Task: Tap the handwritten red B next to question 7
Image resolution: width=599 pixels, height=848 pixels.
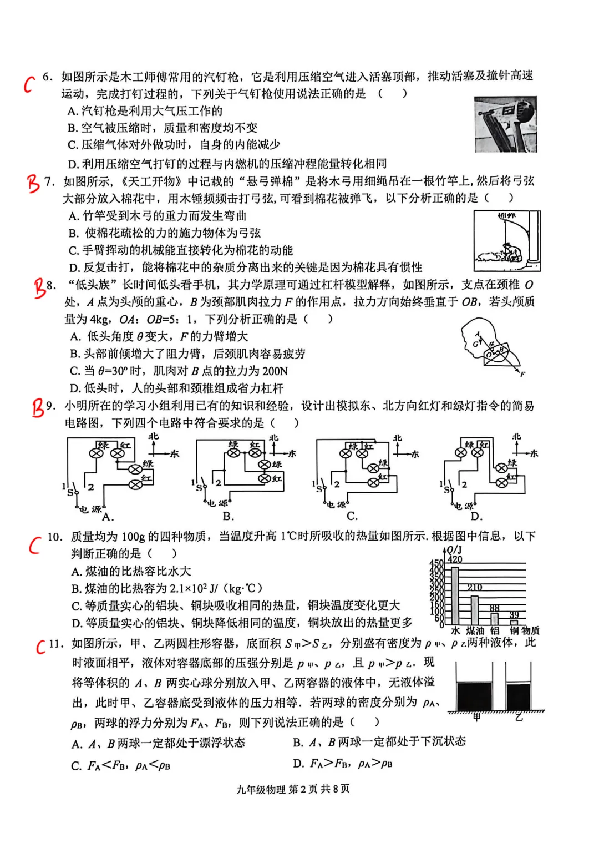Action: pyautogui.click(x=34, y=183)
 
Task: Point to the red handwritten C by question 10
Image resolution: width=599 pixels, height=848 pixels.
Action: pyautogui.click(x=35, y=545)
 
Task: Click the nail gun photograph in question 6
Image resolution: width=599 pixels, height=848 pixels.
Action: pyautogui.click(x=505, y=124)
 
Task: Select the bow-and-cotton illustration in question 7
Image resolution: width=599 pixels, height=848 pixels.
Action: pyautogui.click(x=506, y=240)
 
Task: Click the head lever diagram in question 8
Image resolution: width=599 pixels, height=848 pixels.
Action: pyautogui.click(x=491, y=346)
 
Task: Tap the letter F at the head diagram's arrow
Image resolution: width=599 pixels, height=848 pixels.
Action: pyautogui.click(x=522, y=375)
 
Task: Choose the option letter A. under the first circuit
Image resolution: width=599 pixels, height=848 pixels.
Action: pyautogui.click(x=108, y=517)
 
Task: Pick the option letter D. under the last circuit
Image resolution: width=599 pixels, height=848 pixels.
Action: pyautogui.click(x=476, y=517)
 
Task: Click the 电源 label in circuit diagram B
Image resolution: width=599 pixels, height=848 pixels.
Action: pyautogui.click(x=217, y=504)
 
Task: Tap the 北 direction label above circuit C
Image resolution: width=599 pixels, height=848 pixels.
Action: pyautogui.click(x=397, y=438)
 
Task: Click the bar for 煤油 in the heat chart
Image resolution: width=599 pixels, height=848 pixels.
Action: pyautogui.click(x=475, y=610)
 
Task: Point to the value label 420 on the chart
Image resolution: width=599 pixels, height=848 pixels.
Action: pyautogui.click(x=455, y=559)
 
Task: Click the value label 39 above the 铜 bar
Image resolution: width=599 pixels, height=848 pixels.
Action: pyautogui.click(x=514, y=615)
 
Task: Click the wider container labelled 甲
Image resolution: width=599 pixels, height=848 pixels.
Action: pyautogui.click(x=474, y=691)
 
